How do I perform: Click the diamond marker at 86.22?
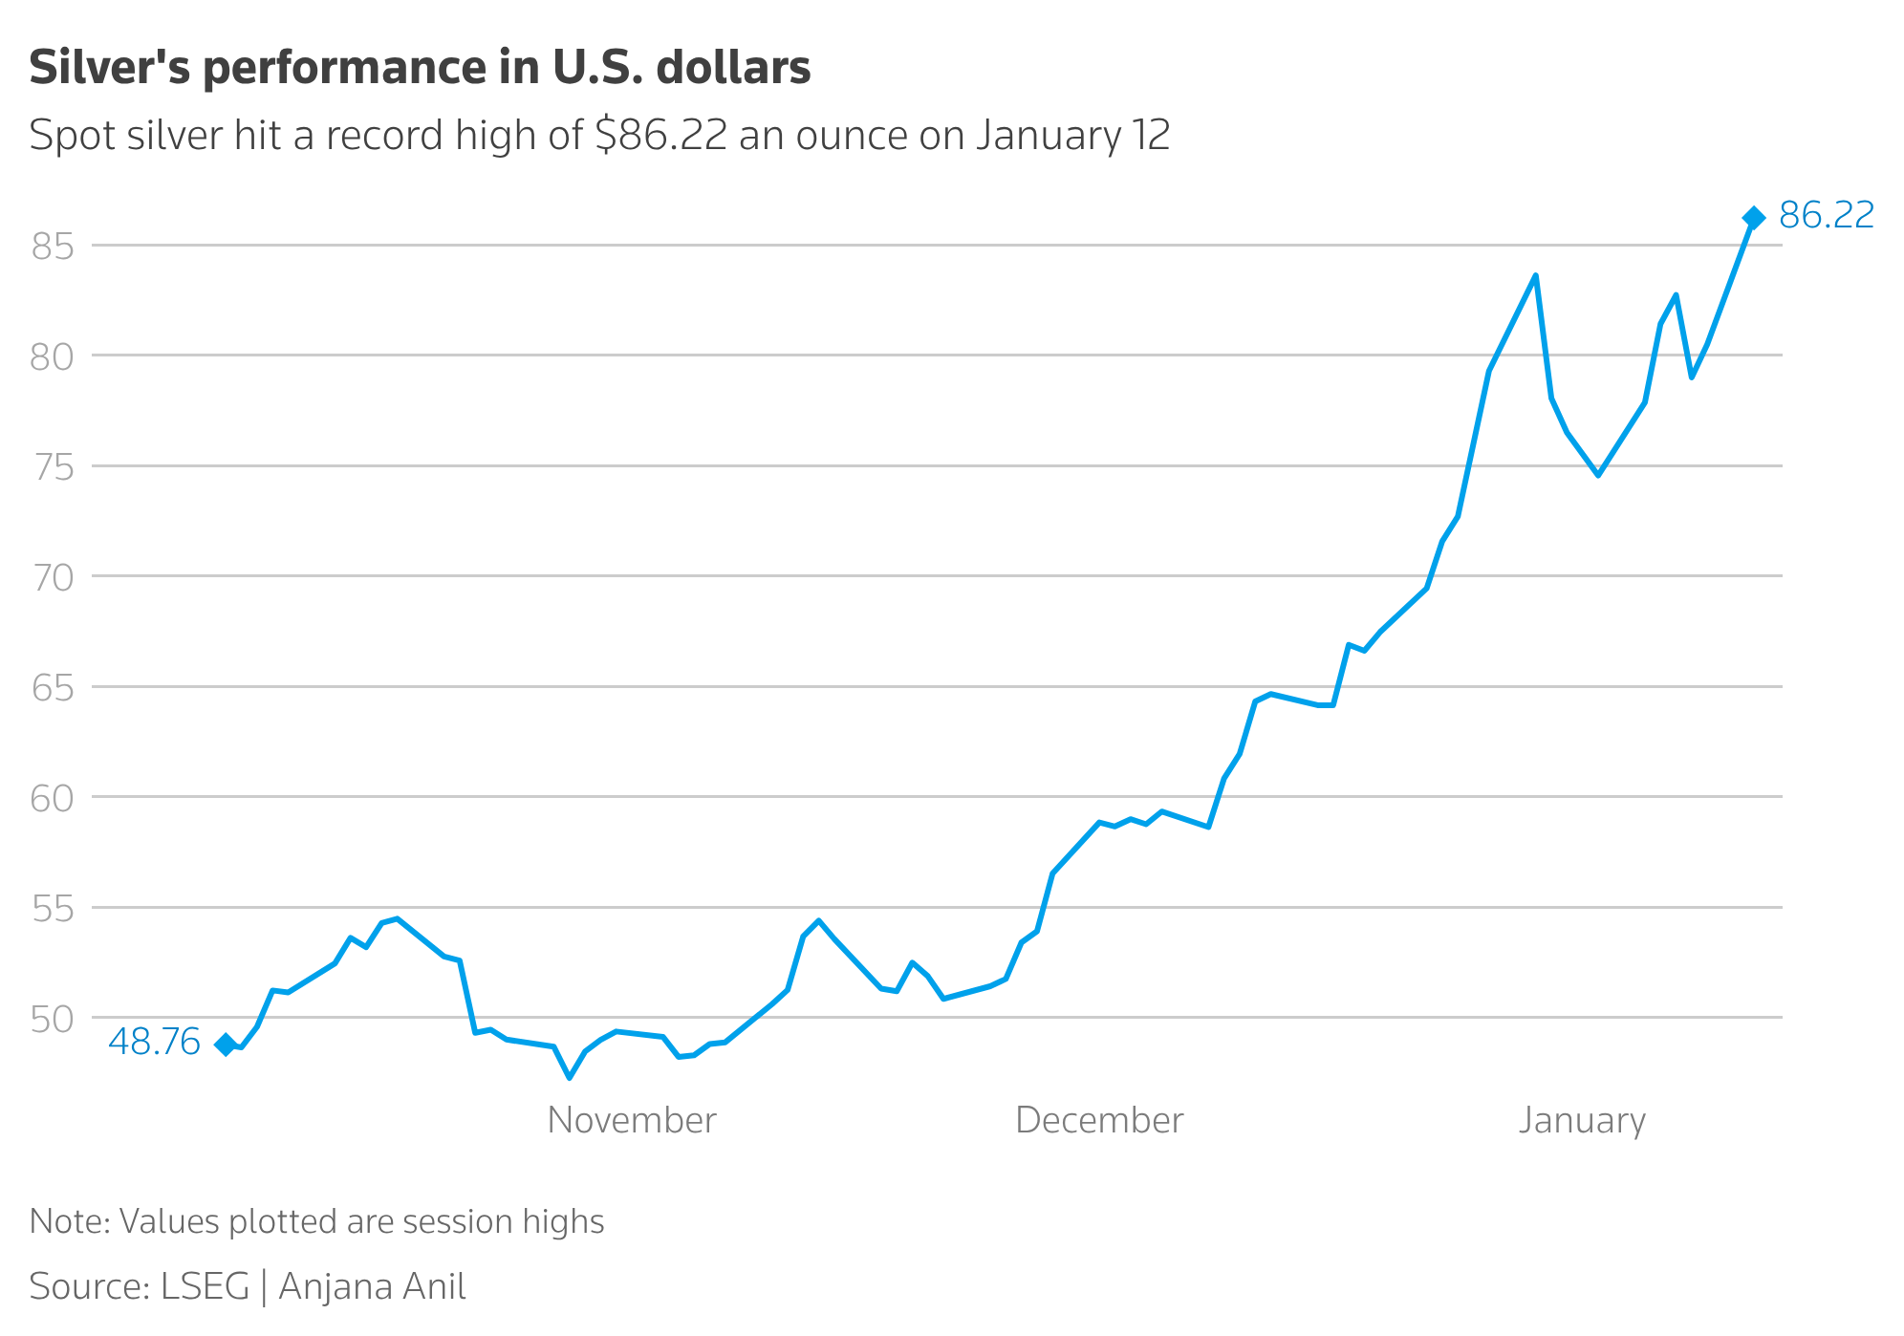pyautogui.click(x=1753, y=218)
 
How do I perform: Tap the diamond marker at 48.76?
pyautogui.click(x=226, y=1045)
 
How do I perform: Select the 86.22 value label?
pyautogui.click(x=1826, y=216)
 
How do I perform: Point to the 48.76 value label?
pyautogui.click(x=154, y=1042)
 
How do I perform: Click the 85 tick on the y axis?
pyautogui.click(x=53, y=248)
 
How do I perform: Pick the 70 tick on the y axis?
pyautogui.click(x=53, y=577)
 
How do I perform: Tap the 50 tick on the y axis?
pyautogui.click(x=53, y=1019)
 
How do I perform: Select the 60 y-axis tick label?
pyautogui.click(x=53, y=798)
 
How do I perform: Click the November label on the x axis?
pyautogui.click(x=631, y=1120)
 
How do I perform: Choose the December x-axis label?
pyautogui.click(x=1099, y=1120)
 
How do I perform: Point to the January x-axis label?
pyautogui.click(x=1582, y=1120)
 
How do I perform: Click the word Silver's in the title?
pyautogui.click(x=108, y=68)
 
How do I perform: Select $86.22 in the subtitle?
pyautogui.click(x=660, y=136)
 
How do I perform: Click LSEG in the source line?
pyautogui.click(x=205, y=1286)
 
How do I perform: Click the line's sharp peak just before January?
pyautogui.click(x=1535, y=276)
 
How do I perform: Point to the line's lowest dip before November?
pyautogui.click(x=570, y=1077)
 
